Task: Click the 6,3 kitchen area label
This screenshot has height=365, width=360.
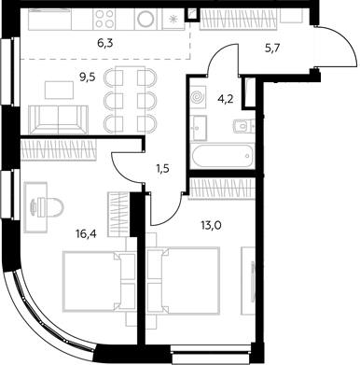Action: tap(104, 43)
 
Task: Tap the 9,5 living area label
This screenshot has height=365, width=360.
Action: tap(87, 77)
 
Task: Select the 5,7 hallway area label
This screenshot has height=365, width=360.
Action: tap(271, 49)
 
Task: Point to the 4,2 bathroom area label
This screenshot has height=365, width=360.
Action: tap(226, 100)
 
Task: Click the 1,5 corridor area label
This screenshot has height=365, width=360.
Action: tap(163, 170)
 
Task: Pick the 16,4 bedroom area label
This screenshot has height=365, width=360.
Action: tap(86, 234)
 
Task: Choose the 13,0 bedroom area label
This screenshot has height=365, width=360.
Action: tap(211, 225)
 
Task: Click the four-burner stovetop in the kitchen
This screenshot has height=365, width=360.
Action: tap(104, 19)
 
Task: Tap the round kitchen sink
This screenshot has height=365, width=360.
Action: tap(145, 19)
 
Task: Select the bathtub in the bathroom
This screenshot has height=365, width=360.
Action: tap(222, 156)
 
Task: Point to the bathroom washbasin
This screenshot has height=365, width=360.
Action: tap(200, 128)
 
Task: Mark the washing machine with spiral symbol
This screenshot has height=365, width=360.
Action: tap(197, 98)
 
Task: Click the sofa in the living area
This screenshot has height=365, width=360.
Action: tap(58, 119)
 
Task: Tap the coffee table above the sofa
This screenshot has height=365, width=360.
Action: tap(59, 90)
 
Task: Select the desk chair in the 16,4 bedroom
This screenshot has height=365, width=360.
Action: tap(52, 205)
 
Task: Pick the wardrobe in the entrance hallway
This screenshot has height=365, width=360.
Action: tap(238, 19)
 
